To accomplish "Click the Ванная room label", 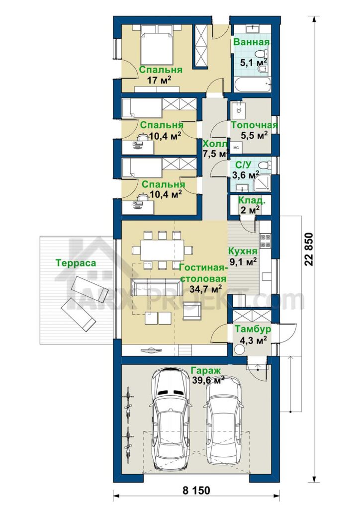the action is [x=252, y=42].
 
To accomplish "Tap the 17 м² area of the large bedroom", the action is [x=159, y=80].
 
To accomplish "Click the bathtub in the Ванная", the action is [x=252, y=85].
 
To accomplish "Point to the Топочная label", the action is [x=254, y=125].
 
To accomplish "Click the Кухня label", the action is [x=243, y=251].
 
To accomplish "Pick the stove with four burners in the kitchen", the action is [x=265, y=241].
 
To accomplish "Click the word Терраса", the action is [x=76, y=262].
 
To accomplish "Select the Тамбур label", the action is [x=253, y=329].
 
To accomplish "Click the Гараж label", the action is [x=205, y=370].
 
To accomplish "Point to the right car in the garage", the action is [x=224, y=423].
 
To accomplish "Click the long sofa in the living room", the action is [x=156, y=287].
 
